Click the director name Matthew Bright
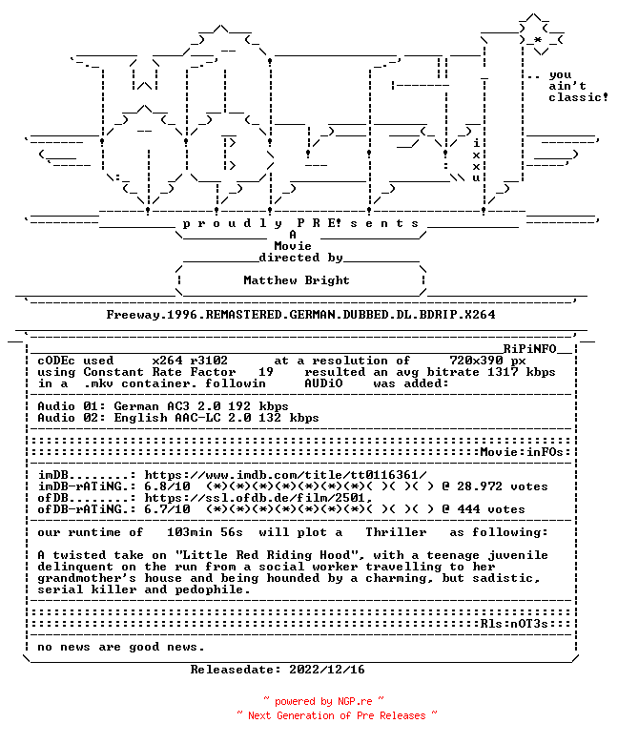pos(296,280)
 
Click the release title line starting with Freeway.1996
pos(300,315)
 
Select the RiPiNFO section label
pos(529,349)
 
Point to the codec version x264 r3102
pos(190,361)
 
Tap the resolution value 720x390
pos(476,361)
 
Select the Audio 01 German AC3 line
pos(163,406)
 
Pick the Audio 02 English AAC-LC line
pos(178,418)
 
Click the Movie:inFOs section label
pos(522,452)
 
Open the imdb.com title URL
pos(285,475)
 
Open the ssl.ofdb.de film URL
pos(258,498)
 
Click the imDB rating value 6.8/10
pos(167,486)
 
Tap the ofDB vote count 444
pos(468,509)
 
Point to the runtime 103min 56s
pos(205,532)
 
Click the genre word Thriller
pos(396,532)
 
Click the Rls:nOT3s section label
pos(514,624)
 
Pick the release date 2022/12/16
pos(327,670)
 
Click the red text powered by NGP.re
pos(323,701)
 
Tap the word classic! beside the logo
pos(579,97)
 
